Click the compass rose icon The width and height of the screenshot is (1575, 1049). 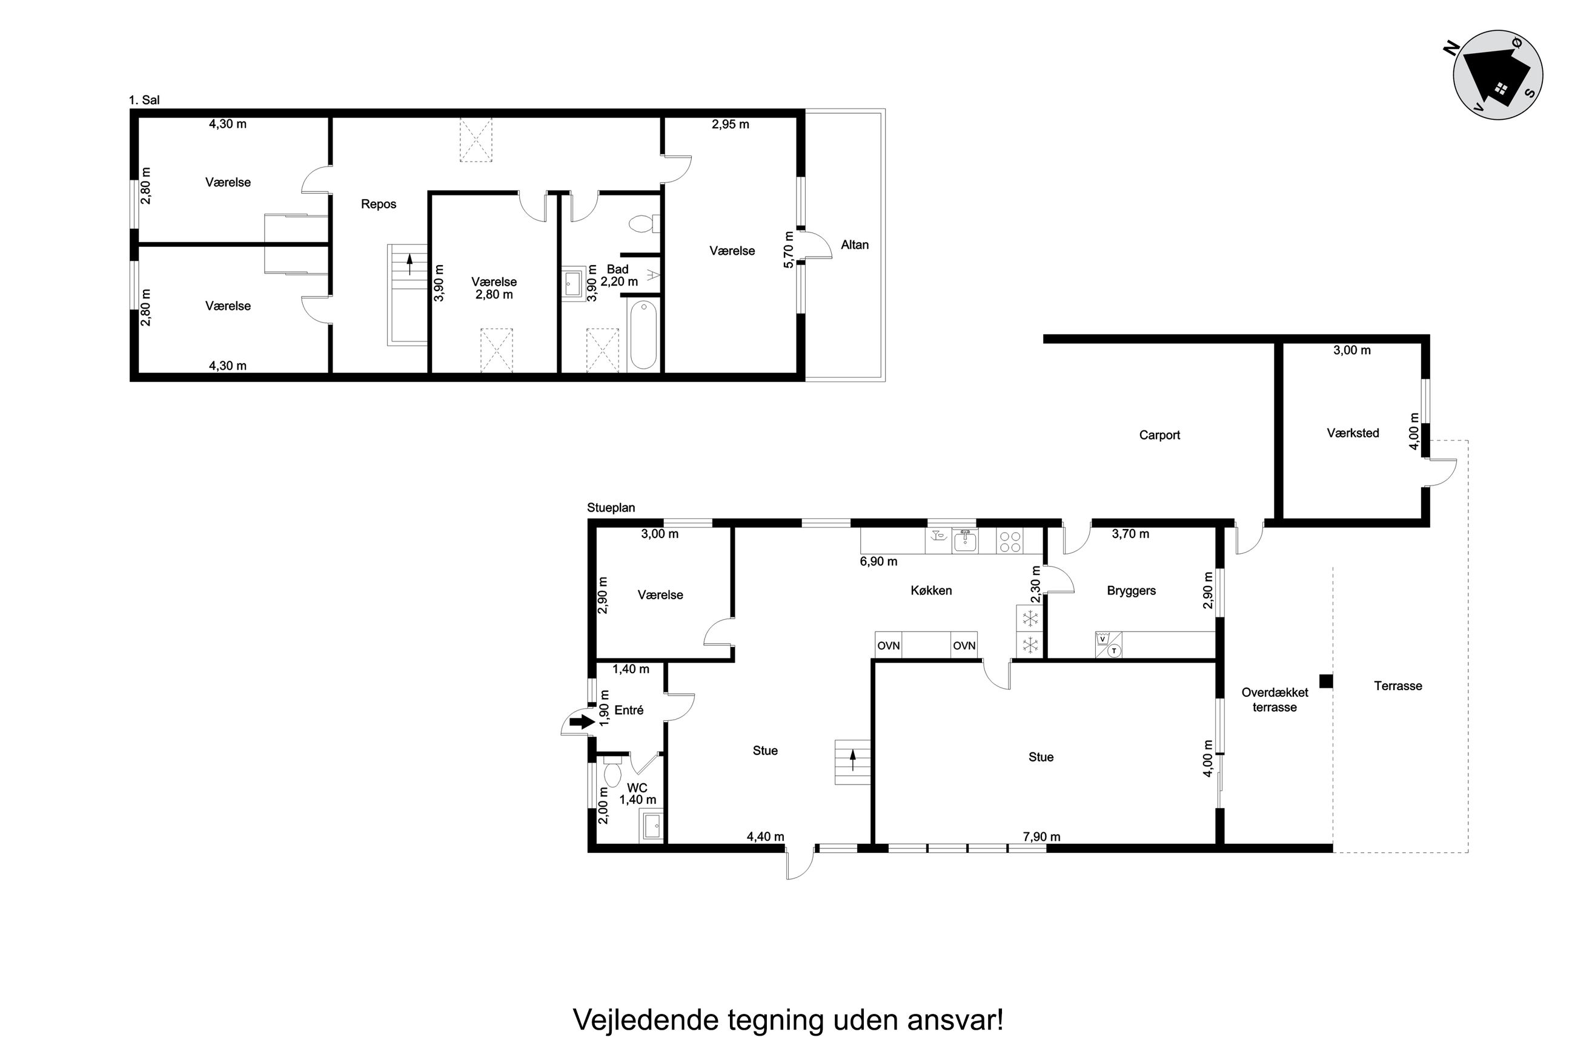(1498, 75)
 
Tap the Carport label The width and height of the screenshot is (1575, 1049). (1159, 435)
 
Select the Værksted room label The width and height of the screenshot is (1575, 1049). (1353, 433)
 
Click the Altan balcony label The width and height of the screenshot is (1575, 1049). (855, 245)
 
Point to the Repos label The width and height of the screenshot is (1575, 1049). (379, 204)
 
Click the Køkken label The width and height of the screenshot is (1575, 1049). (931, 590)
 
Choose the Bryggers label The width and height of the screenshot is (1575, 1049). (1131, 591)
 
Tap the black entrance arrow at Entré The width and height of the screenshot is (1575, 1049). (582, 721)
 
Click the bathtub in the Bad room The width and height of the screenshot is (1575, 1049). (644, 334)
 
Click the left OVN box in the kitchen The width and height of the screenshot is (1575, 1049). (889, 646)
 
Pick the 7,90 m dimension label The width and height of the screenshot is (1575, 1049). (1041, 837)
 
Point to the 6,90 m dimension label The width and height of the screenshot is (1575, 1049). (879, 561)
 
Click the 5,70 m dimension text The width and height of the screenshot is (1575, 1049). (789, 249)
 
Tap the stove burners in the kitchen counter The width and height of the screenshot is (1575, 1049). (1009, 541)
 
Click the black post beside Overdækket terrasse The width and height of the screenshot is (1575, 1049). (1326, 681)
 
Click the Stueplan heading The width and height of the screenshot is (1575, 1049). (611, 508)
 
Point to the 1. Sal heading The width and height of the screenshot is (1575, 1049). (144, 100)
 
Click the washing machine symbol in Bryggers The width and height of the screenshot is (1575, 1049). (1102, 639)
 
